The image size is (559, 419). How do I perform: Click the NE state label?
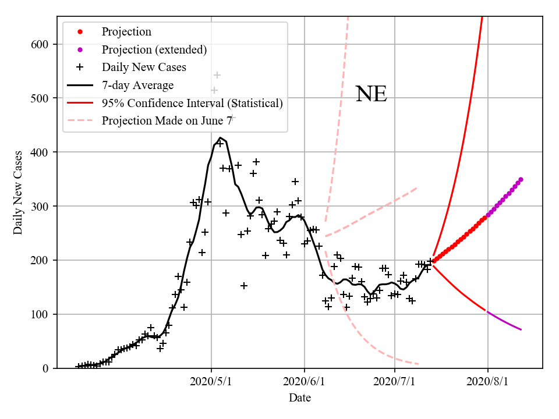(x=371, y=94)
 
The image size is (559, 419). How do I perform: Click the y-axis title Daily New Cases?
(x=18, y=193)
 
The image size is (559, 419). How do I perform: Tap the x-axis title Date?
(x=300, y=398)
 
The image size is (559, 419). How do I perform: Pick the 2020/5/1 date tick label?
(x=211, y=382)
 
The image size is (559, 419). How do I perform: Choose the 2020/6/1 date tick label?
(x=304, y=382)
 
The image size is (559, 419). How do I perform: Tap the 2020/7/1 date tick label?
(x=395, y=382)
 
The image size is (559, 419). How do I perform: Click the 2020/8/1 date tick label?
(x=487, y=382)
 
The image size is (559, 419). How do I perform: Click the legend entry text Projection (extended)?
(x=154, y=49)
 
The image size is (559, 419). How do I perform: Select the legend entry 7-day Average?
(x=137, y=86)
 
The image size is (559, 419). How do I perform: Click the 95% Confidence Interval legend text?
(x=192, y=104)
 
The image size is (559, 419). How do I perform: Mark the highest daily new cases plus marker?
(x=217, y=75)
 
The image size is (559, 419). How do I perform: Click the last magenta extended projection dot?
(x=521, y=179)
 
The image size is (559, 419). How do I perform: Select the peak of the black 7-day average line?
(x=220, y=138)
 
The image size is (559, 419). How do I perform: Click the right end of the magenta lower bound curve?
(x=521, y=330)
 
